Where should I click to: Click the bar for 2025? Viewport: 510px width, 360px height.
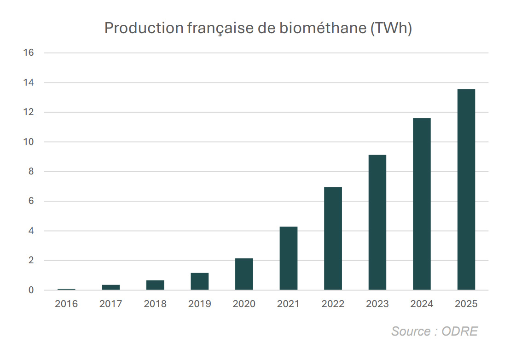click(x=466, y=190)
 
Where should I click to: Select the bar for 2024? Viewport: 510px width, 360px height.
click(x=422, y=204)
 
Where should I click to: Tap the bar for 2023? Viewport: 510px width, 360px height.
click(x=377, y=222)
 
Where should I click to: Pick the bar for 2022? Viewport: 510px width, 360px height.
click(x=333, y=238)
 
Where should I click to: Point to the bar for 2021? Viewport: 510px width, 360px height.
click(x=289, y=258)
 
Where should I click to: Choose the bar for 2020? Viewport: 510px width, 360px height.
click(x=244, y=274)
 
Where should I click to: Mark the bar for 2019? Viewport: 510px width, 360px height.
click(x=200, y=281)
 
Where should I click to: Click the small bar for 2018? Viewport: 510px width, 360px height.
click(x=155, y=285)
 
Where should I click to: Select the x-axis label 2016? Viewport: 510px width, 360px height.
click(x=66, y=304)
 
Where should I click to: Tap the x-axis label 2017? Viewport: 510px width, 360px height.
click(x=111, y=304)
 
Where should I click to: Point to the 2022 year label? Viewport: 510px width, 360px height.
click(x=333, y=304)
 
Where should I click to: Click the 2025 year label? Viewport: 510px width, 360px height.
click(x=466, y=304)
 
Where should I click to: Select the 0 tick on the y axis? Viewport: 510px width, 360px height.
click(x=31, y=290)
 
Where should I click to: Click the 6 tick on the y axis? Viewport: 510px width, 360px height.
click(x=31, y=202)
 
